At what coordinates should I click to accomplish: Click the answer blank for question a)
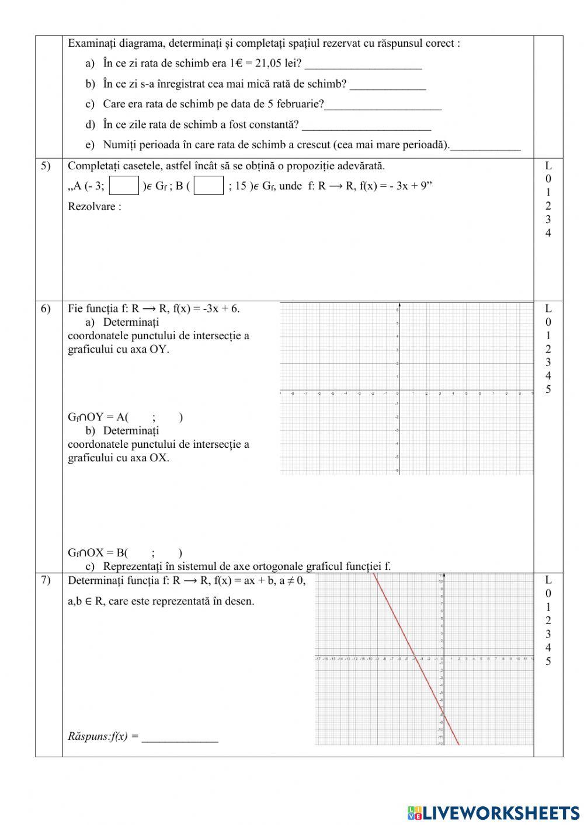(x=363, y=64)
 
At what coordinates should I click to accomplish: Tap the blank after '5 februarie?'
(x=383, y=106)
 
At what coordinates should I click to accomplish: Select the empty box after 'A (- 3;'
(x=124, y=186)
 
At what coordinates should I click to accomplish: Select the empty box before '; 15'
(x=209, y=186)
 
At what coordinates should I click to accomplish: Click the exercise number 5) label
(x=46, y=166)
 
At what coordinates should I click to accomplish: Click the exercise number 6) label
(x=46, y=309)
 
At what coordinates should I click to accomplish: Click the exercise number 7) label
(x=46, y=580)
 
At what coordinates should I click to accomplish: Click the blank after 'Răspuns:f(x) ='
(x=180, y=737)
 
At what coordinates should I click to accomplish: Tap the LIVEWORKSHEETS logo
(x=493, y=812)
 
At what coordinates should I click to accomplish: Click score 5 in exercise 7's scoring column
(x=548, y=662)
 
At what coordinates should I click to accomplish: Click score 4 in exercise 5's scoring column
(x=548, y=234)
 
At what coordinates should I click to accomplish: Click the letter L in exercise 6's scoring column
(x=548, y=308)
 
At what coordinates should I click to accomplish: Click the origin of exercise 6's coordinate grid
(x=399, y=390)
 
